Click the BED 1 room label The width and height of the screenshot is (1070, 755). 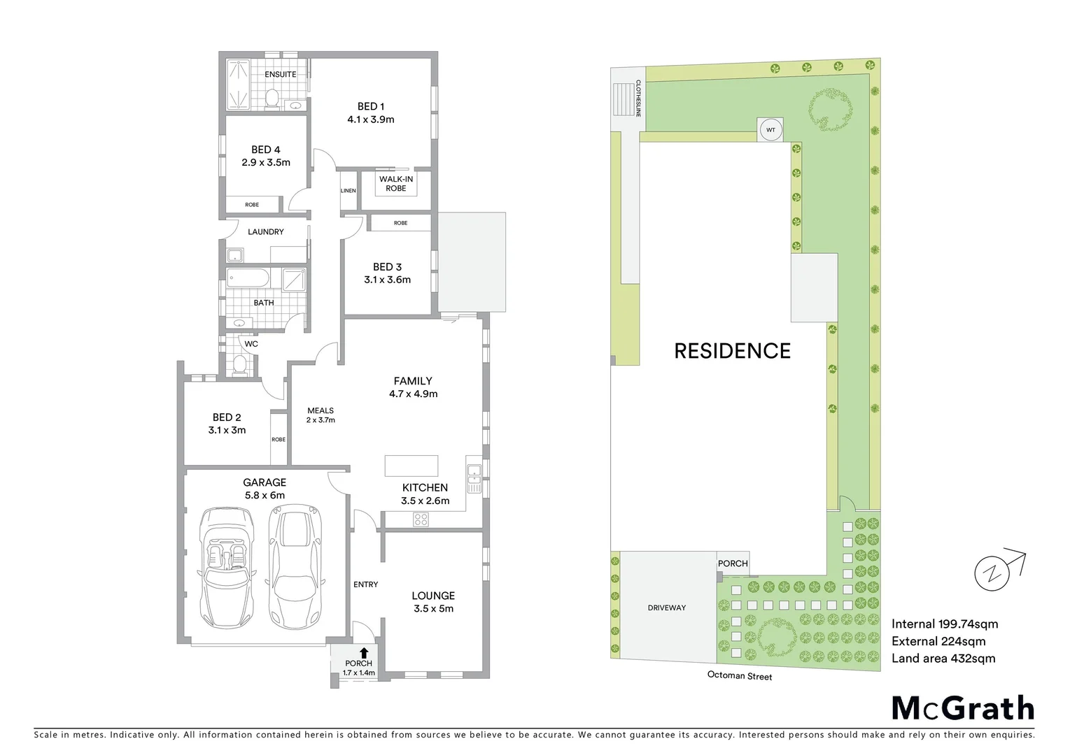[371, 106]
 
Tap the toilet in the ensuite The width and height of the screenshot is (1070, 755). [272, 99]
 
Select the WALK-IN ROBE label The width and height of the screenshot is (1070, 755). [396, 183]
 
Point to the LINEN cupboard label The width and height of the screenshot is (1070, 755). [348, 191]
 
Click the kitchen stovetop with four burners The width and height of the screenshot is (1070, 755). [421, 519]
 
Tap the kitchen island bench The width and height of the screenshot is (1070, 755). [411, 466]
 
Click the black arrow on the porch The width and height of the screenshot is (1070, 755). [364, 653]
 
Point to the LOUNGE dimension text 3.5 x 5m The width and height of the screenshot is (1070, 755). [433, 608]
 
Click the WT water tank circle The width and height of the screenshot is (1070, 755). [770, 130]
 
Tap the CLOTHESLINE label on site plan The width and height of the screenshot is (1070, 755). [638, 98]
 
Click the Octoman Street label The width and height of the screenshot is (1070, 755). [740, 675]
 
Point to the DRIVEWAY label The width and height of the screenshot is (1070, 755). [666, 607]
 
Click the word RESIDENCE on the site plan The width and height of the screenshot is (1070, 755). [732, 351]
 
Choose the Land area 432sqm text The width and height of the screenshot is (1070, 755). [943, 658]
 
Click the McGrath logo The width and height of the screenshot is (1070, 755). [963, 708]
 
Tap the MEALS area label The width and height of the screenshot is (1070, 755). [321, 410]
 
